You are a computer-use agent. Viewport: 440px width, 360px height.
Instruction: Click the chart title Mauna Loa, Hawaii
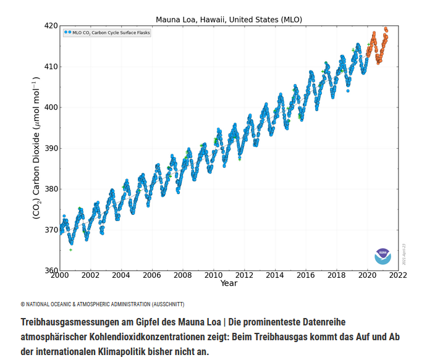click(229, 19)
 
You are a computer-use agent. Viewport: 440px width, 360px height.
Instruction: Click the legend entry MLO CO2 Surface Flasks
click(108, 32)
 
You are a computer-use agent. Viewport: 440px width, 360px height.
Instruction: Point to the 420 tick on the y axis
click(50, 26)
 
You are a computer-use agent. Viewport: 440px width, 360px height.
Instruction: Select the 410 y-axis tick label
click(50, 67)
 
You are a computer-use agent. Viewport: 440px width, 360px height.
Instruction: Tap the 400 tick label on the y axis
click(50, 107)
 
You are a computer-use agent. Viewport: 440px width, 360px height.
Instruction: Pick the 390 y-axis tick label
click(50, 148)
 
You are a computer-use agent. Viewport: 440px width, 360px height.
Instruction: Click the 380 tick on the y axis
click(50, 189)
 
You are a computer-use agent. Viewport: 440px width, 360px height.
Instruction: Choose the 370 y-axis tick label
click(50, 230)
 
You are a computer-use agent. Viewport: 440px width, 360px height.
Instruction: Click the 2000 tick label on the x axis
click(60, 275)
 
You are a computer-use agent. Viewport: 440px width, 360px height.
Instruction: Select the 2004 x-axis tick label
click(121, 275)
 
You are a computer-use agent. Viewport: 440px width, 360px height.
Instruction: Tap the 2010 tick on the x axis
click(213, 275)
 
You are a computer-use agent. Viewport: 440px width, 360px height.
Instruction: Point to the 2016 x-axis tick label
click(305, 275)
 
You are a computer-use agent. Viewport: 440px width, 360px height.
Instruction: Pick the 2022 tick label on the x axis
click(397, 275)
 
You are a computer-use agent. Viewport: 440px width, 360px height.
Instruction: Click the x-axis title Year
click(229, 283)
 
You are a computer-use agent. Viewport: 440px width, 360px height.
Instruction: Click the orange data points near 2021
click(379, 49)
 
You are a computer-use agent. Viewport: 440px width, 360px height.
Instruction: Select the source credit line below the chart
click(103, 304)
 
